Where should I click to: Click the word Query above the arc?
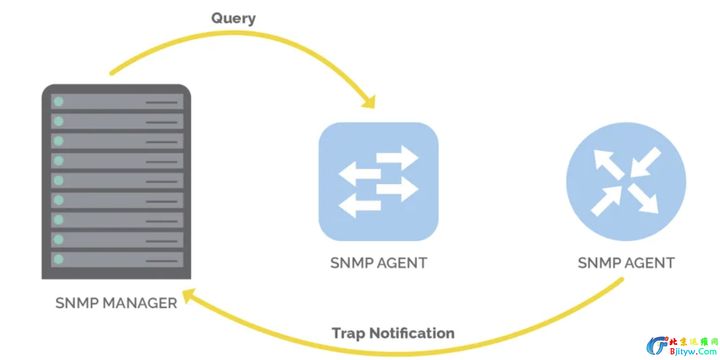[233, 18]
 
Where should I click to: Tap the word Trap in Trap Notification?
[348, 333]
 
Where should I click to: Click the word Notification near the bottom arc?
[412, 333]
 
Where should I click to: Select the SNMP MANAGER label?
[116, 303]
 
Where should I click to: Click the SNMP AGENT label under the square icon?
[379, 263]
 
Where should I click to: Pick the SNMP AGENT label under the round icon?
[626, 263]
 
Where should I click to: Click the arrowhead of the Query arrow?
[370, 102]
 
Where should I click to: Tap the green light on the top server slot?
[58, 102]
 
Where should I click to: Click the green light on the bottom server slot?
[58, 259]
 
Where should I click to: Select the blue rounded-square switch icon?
[379, 182]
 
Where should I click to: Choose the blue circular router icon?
[626, 182]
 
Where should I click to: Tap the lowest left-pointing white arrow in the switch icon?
[359, 205]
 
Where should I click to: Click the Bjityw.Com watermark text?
[693, 352]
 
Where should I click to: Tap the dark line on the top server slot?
[162, 102]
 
